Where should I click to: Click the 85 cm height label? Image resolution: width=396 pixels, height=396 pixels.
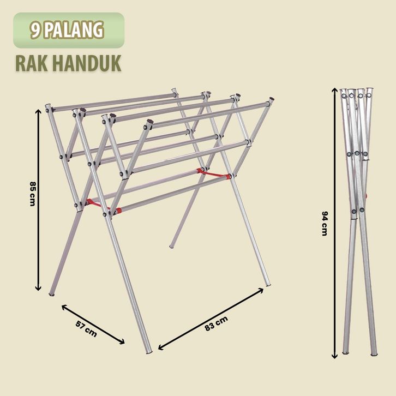(33, 194)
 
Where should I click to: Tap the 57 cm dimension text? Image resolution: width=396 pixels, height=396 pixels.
(86, 329)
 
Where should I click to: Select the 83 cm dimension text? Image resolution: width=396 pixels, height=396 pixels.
(216, 323)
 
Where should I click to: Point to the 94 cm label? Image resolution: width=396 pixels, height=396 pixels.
(325, 223)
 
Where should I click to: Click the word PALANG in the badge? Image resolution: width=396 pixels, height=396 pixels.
(75, 30)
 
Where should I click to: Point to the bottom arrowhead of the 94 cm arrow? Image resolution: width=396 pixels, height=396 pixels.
(334, 356)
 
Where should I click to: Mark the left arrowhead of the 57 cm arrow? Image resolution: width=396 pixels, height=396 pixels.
(64, 307)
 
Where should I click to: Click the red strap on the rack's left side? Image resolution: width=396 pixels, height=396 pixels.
(103, 206)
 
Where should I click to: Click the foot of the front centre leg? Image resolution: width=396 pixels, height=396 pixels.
(149, 352)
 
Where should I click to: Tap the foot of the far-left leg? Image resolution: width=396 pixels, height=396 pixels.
(51, 294)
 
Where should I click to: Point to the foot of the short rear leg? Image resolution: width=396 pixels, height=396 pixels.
(172, 247)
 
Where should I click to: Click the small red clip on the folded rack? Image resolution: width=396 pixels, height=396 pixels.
(366, 196)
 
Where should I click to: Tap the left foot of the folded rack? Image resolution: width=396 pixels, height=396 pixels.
(345, 352)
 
